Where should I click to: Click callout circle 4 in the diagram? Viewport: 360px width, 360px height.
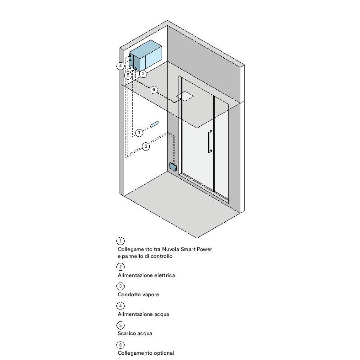pos(120,66)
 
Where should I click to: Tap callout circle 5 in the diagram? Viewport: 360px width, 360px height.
pos(128,75)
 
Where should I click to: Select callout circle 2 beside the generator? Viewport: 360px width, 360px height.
pos(143,73)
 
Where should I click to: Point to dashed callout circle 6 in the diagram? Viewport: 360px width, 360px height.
pos(154,90)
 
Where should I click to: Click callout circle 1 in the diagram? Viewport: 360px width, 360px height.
pos(139,133)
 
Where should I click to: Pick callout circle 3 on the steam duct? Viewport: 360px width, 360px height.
pos(146,146)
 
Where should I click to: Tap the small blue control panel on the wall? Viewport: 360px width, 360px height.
pos(154,124)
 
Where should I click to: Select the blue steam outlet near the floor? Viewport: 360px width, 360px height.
pos(173,166)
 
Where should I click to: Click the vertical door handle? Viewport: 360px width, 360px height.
pos(210,141)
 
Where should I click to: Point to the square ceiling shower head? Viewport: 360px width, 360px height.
pos(185,96)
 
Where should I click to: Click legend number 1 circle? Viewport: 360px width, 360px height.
pos(121,241)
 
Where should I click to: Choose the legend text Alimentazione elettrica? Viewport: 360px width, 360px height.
pos(146,275)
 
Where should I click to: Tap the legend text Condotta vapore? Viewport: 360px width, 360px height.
pos(138,295)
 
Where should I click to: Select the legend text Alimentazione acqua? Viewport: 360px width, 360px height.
pos(143,314)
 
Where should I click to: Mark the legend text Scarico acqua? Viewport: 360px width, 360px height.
pos(135,333)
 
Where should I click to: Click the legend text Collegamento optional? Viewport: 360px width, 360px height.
pos(146,353)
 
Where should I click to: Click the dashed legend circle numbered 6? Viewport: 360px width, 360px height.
pos(121,345)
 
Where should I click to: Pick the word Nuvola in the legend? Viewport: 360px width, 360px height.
pos(171,249)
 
